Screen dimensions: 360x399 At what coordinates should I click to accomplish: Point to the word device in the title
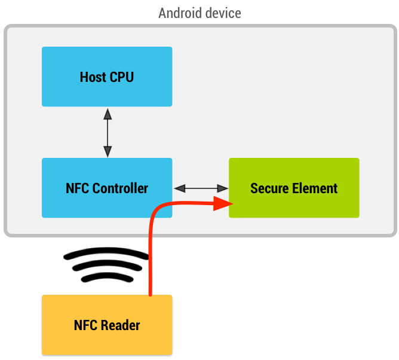(x=222, y=13)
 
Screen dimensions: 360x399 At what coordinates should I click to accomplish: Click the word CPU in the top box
(x=122, y=77)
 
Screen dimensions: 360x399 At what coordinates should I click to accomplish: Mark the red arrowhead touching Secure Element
(x=223, y=205)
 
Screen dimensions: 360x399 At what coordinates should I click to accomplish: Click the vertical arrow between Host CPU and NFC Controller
(x=107, y=132)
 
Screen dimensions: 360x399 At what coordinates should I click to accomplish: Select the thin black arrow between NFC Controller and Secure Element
(x=201, y=188)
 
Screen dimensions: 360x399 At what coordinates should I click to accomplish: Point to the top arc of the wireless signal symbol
(x=106, y=253)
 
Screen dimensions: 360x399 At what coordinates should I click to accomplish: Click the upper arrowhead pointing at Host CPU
(x=107, y=112)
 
